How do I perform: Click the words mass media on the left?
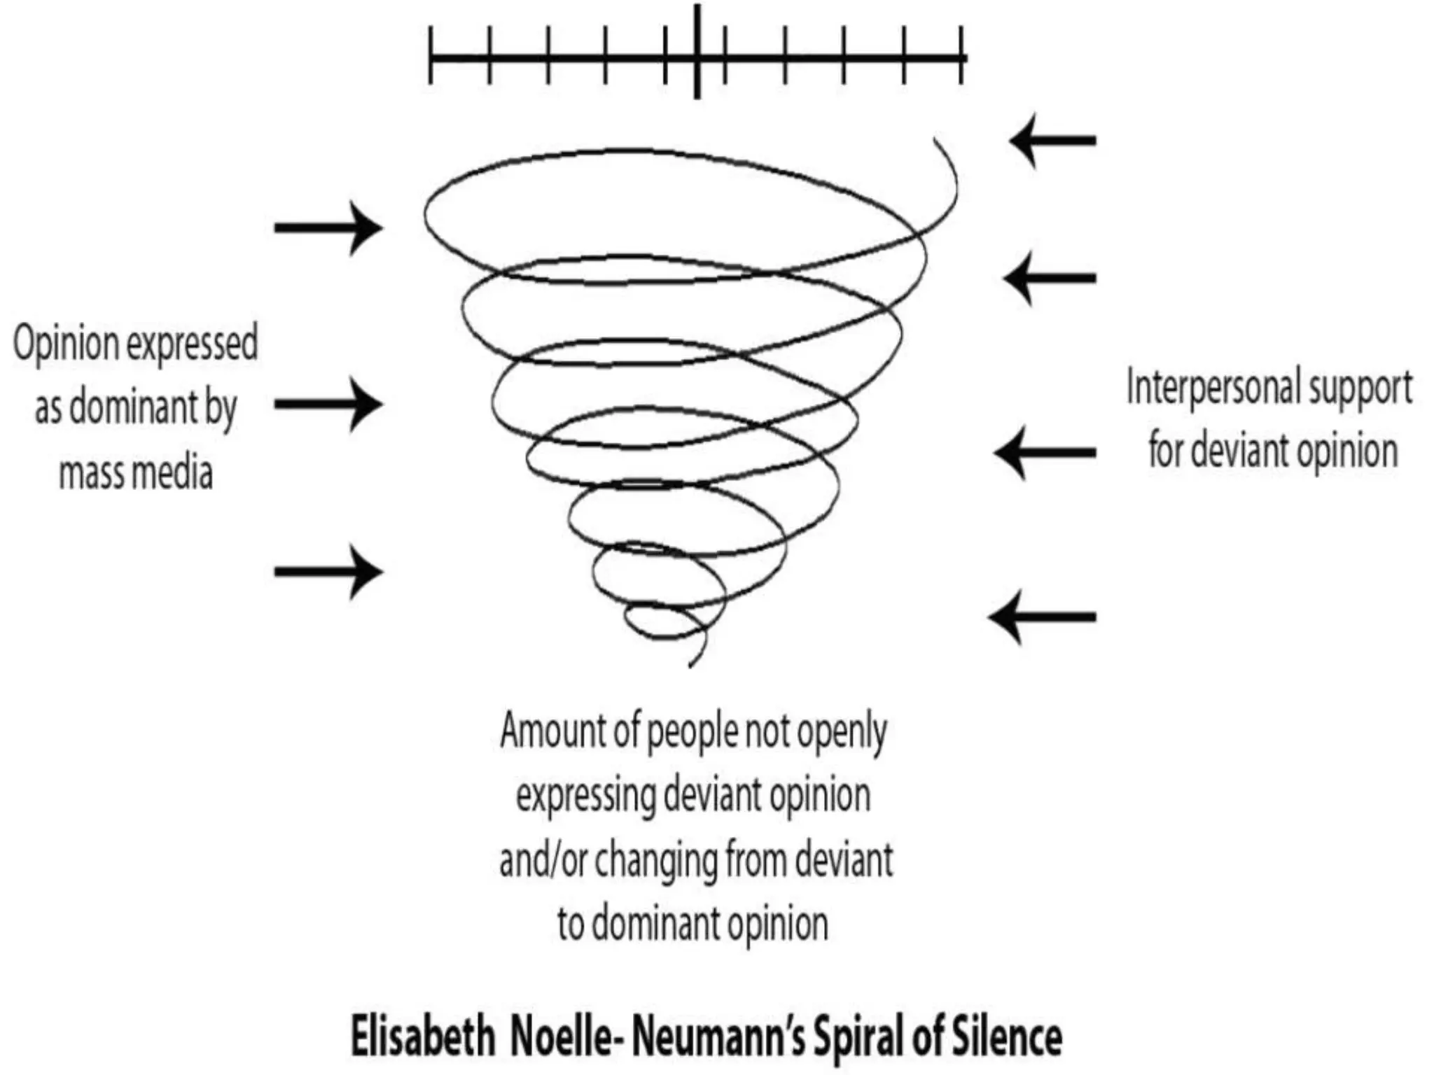(x=136, y=472)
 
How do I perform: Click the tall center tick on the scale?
(x=697, y=52)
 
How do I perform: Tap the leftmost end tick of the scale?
(x=431, y=55)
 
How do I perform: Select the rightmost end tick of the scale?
(x=962, y=55)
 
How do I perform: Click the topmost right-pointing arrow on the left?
(x=328, y=227)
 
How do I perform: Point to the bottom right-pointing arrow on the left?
(x=328, y=572)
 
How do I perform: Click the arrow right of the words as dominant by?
(x=328, y=404)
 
